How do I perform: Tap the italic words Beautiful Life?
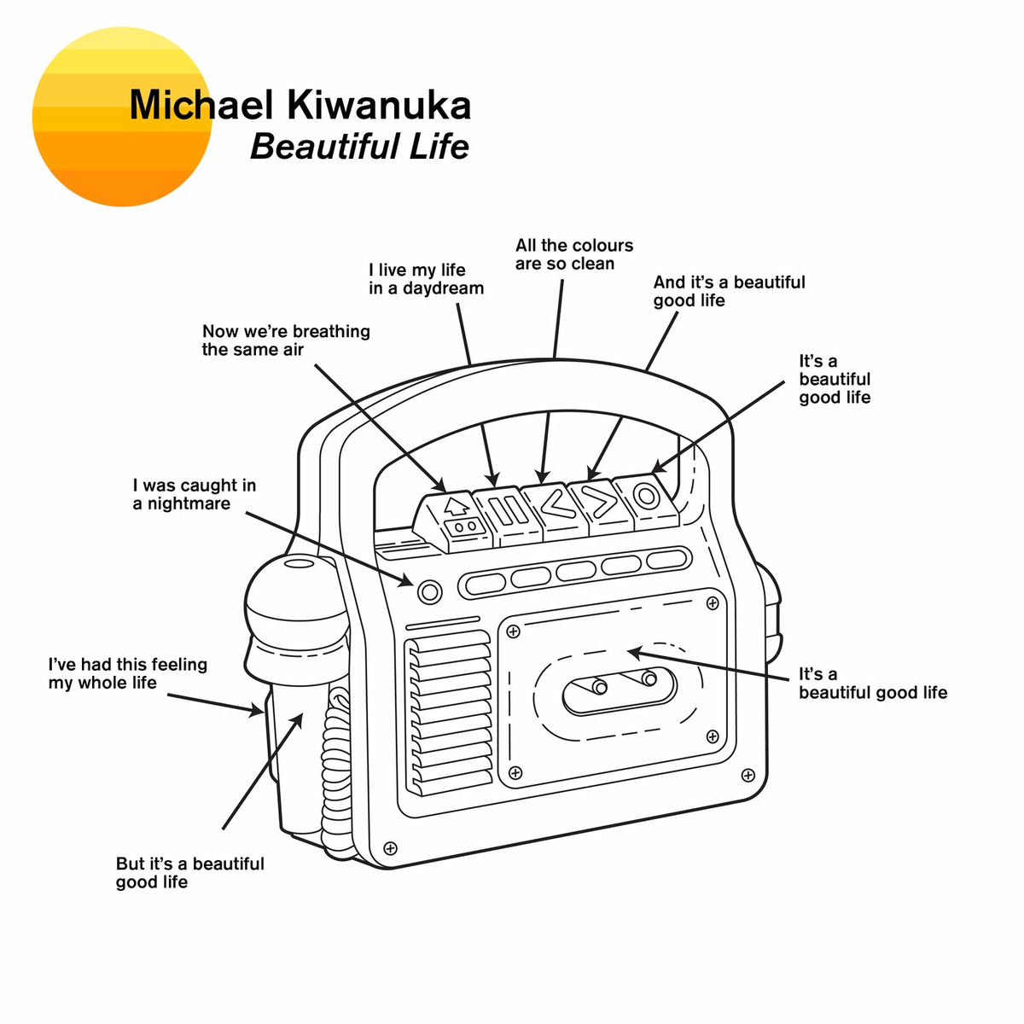coord(359,146)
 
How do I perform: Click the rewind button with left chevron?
coord(555,503)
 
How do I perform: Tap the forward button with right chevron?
coord(602,499)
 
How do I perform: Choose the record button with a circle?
coord(647,495)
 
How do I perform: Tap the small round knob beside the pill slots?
coord(430,591)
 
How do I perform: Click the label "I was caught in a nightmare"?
coord(194,494)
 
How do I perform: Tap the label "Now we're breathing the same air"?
coord(285,340)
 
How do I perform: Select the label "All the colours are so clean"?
coord(573,254)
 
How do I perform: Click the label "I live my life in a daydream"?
coord(426,279)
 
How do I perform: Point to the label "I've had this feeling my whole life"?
coord(127,673)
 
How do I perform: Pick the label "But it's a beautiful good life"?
coord(189,872)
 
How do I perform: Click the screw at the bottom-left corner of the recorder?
coord(391,847)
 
